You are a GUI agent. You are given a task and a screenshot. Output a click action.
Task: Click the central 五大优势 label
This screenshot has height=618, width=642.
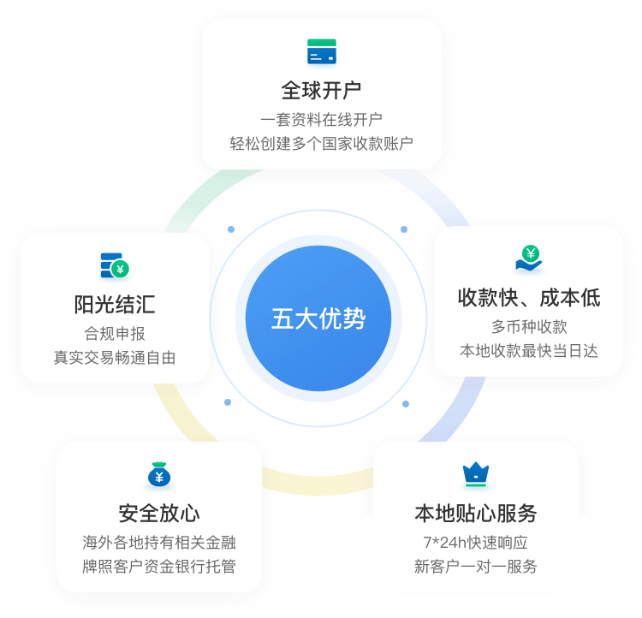click(318, 319)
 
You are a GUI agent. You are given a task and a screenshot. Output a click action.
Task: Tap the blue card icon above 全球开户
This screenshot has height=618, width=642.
click(322, 52)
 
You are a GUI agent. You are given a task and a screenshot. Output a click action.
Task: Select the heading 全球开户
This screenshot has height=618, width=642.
click(322, 91)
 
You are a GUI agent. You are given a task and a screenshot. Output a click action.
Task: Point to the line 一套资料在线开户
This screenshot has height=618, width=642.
click(322, 119)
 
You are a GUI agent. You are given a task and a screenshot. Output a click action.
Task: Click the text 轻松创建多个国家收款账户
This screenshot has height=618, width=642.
click(322, 142)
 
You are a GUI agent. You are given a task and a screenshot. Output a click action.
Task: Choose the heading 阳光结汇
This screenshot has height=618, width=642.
click(115, 305)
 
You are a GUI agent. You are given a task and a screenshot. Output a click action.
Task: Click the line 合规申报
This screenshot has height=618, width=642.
click(115, 333)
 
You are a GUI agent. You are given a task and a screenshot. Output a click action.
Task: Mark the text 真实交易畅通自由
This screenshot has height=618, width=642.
click(115, 357)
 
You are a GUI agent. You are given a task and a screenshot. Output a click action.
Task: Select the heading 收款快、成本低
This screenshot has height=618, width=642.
click(529, 298)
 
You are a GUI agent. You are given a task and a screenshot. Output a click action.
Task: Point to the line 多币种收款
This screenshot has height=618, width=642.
click(529, 326)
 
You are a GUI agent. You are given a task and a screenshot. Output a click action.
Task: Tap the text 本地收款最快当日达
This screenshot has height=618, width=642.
click(529, 350)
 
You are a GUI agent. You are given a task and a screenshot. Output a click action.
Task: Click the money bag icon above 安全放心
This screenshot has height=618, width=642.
click(159, 473)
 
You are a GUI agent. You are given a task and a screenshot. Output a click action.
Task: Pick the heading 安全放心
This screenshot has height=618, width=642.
click(159, 513)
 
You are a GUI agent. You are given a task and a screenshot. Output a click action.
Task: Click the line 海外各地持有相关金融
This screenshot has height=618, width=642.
click(159, 542)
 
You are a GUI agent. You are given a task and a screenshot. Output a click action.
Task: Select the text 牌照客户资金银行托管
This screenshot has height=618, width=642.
click(159, 566)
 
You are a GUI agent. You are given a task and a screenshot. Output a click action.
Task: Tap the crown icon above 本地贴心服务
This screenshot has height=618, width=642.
click(474, 472)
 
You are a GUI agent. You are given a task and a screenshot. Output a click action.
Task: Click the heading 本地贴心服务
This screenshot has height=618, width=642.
click(475, 513)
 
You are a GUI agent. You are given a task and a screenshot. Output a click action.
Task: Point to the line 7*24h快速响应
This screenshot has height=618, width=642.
click(475, 542)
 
